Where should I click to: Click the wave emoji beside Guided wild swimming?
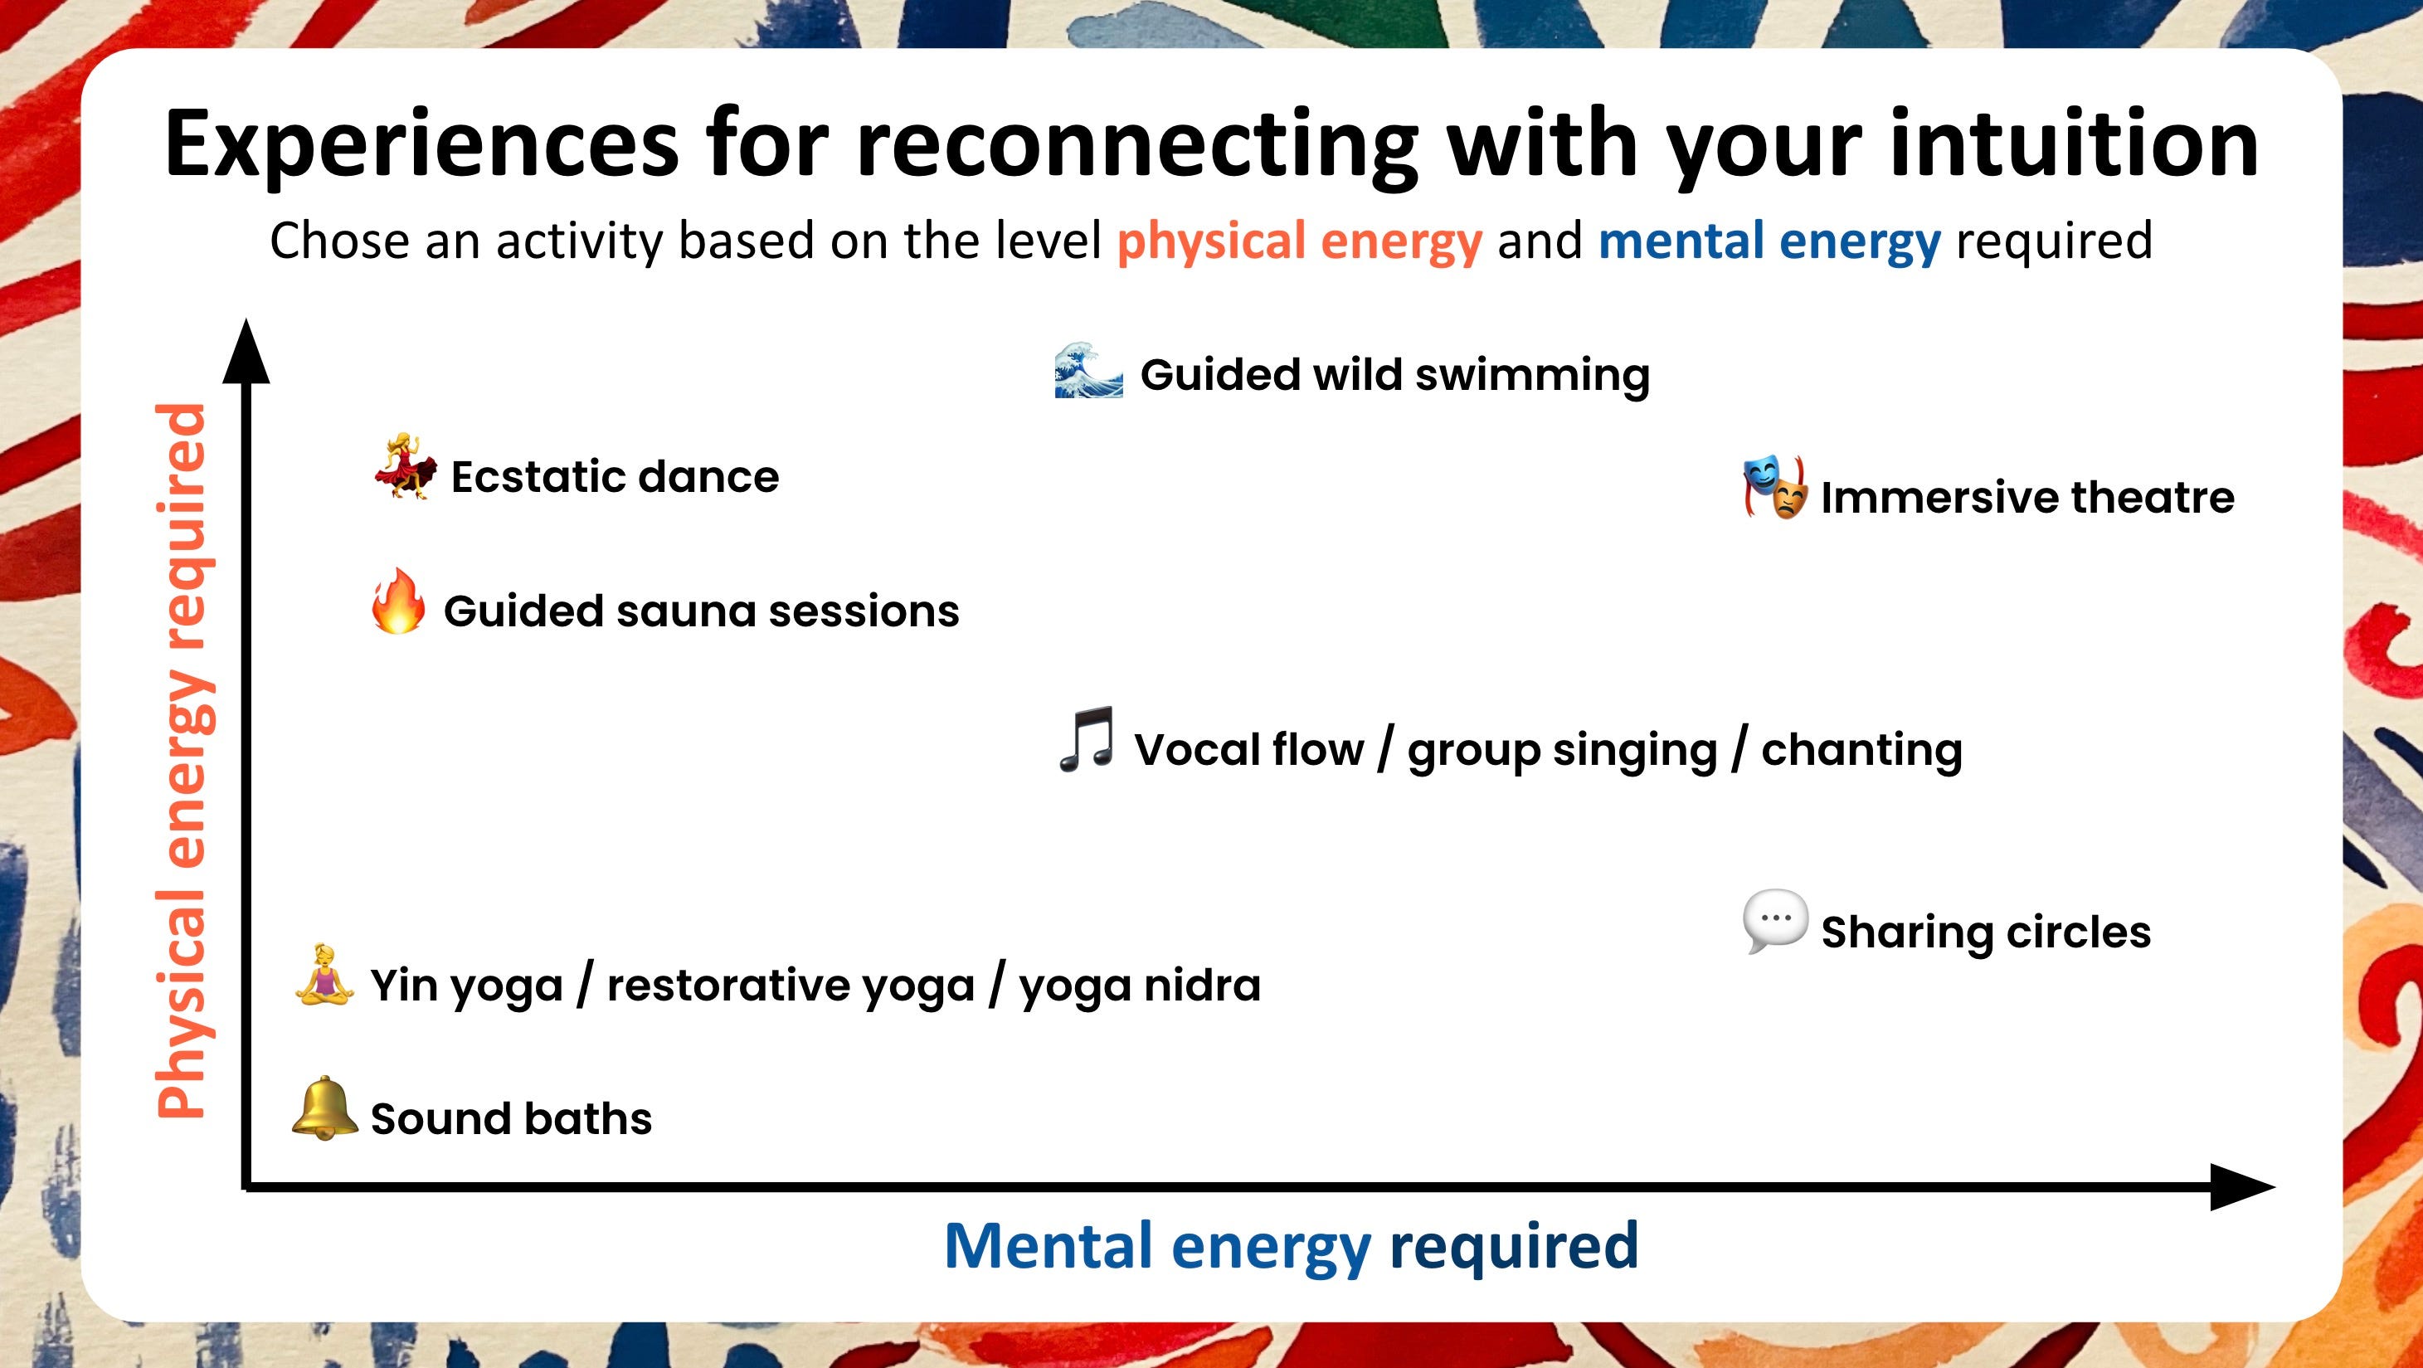tap(1088, 372)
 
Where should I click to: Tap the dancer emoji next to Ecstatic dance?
tap(406, 467)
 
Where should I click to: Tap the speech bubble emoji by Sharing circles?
tap(1774, 921)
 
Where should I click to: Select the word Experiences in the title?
tap(421, 144)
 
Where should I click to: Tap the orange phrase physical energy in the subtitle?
tap(1299, 241)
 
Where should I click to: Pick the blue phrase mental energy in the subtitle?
tap(1769, 241)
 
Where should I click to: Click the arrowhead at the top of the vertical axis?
tap(246, 353)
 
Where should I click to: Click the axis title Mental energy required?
tap(1291, 1246)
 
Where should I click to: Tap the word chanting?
tap(1861, 751)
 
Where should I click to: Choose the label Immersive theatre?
tap(2027, 498)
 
